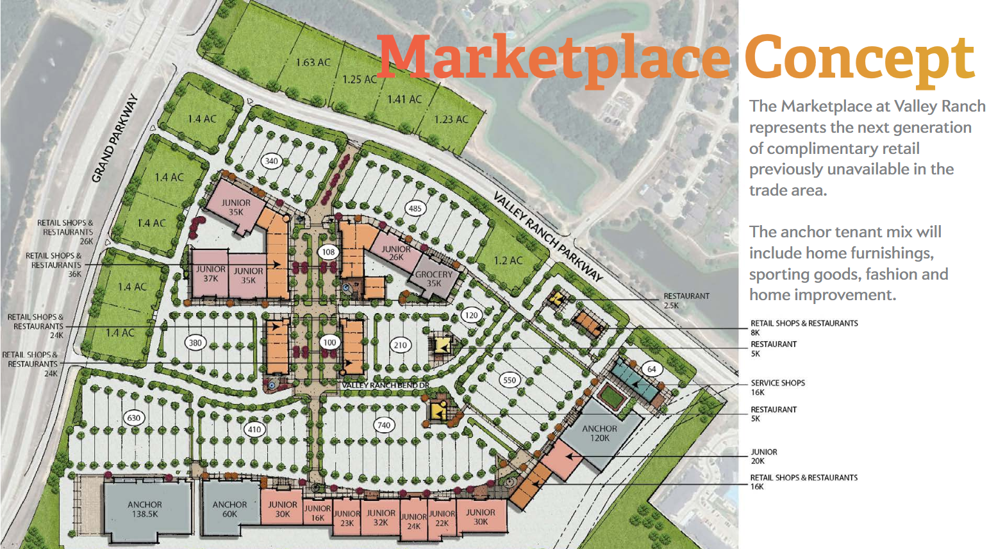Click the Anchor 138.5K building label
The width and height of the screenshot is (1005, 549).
pos(145,509)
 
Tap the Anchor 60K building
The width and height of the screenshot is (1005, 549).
pos(229,509)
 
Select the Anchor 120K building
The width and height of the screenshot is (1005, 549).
pos(600,433)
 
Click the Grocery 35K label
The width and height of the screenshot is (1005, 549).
pos(434,278)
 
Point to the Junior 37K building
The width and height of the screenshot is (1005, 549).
pos(210,274)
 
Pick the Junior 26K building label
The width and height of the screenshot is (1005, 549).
pos(396,253)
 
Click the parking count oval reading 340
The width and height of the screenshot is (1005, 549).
pos(272,161)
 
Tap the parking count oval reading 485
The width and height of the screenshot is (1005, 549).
pos(415,208)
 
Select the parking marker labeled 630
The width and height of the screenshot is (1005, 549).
pos(133,418)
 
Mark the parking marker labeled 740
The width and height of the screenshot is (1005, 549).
pos(384,425)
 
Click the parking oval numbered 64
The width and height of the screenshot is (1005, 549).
pos(652,369)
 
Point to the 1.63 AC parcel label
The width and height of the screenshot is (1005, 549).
pos(313,62)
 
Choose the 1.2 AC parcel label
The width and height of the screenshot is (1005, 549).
pos(508,260)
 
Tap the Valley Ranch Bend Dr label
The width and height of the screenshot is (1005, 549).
pos(385,385)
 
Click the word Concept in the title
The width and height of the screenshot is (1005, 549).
pos(859,59)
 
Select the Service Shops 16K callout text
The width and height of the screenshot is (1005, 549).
pos(777,387)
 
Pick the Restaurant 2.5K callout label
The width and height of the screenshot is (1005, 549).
pos(686,300)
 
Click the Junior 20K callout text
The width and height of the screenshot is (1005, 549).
pos(764,456)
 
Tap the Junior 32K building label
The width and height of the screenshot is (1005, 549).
pos(381,518)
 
